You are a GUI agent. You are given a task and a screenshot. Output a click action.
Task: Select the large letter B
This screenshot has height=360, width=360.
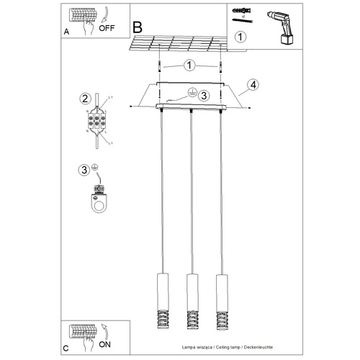pyautogui.click(x=138, y=27)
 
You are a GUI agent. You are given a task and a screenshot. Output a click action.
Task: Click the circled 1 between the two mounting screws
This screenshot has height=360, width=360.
pyautogui.click(x=188, y=66)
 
